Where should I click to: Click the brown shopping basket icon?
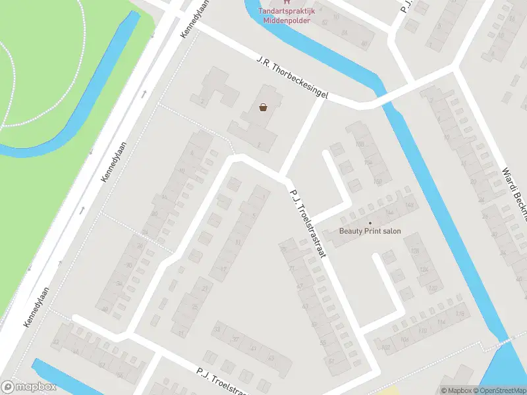pos(263,107)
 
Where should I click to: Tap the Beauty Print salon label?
pos(370,231)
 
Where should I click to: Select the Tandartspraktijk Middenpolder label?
pos(287,15)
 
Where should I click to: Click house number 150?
pos(378,182)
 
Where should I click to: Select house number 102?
pos(386,347)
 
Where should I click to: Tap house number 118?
pos(459,313)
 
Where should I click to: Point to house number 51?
pos(331,360)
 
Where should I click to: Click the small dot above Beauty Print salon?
pos(370,223)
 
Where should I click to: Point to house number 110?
pos(422,331)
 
